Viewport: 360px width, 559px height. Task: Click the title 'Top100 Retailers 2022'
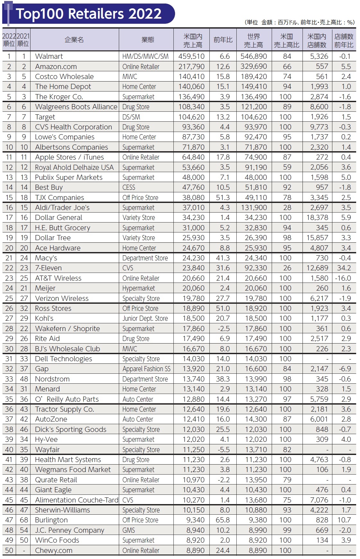89,14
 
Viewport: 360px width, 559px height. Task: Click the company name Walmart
49,57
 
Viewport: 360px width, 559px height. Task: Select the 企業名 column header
74,40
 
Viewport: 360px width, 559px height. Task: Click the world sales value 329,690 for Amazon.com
254,67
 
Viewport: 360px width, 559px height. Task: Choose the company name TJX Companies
59,198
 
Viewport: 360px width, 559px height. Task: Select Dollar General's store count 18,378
317,218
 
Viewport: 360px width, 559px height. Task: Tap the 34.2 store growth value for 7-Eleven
344,268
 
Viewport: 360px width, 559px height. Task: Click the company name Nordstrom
52,379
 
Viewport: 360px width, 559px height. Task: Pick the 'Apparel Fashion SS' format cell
146,369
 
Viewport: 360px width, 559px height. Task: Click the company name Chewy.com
54,551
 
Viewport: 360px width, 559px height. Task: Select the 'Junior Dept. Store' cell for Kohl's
145,319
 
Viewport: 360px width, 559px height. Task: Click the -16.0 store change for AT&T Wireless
343,278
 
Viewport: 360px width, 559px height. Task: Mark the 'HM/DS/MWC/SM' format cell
145,57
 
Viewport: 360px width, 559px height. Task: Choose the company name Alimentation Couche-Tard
77,500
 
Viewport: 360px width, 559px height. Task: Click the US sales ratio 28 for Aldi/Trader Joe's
287,208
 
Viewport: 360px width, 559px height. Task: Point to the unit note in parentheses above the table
300,22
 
